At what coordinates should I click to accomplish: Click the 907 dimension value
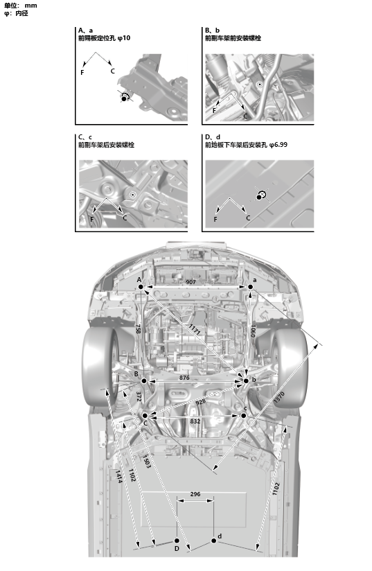tap(191, 282)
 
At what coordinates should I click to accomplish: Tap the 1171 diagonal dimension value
tap(195, 330)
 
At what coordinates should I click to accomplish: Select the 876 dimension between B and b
tap(184, 378)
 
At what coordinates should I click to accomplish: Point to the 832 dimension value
tap(195, 421)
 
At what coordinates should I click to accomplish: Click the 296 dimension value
tap(195, 494)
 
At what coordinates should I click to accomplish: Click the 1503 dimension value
tap(146, 462)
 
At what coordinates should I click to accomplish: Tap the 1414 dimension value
tap(118, 476)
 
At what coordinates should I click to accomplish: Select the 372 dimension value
tap(139, 396)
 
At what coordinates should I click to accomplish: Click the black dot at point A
tap(141, 287)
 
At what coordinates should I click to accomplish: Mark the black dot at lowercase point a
tap(251, 287)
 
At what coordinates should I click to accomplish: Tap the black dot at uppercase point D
tap(177, 541)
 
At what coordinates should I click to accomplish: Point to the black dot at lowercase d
tap(213, 541)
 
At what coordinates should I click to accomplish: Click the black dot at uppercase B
tap(144, 381)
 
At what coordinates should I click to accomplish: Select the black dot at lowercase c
tap(244, 416)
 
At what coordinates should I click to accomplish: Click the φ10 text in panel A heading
tap(124, 38)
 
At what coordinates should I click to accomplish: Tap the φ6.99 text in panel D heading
tap(278, 145)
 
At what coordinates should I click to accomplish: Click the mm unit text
tap(30, 6)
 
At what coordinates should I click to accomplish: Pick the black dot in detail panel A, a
tap(124, 98)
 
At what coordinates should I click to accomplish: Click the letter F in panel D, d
tap(215, 219)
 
